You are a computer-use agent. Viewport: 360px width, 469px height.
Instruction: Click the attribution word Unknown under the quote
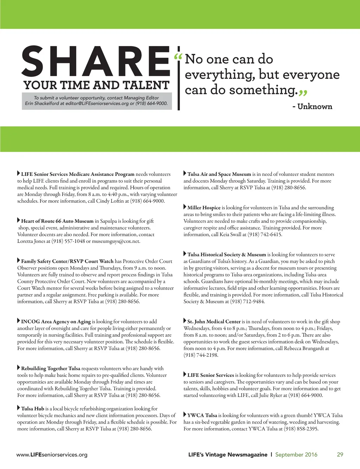point(315,107)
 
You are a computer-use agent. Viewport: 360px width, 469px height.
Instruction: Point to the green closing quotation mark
point(303,93)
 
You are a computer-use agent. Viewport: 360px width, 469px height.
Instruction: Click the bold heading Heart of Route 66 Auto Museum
point(57,221)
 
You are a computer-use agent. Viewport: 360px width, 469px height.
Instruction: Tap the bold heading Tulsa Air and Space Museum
point(219,174)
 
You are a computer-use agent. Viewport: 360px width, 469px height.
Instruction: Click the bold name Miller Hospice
point(204,208)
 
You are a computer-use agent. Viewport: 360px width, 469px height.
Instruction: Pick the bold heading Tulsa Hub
point(33,409)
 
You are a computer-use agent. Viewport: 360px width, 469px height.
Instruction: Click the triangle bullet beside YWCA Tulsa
point(185,415)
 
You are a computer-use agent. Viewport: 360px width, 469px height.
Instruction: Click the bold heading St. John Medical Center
point(214,322)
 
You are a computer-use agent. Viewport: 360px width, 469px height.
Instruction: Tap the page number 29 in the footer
point(340,455)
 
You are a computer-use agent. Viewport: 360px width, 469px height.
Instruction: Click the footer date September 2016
point(296,455)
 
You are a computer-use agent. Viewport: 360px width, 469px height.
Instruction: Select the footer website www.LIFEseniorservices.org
point(52,455)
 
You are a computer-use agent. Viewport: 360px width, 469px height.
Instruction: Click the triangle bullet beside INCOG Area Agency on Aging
point(19,321)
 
